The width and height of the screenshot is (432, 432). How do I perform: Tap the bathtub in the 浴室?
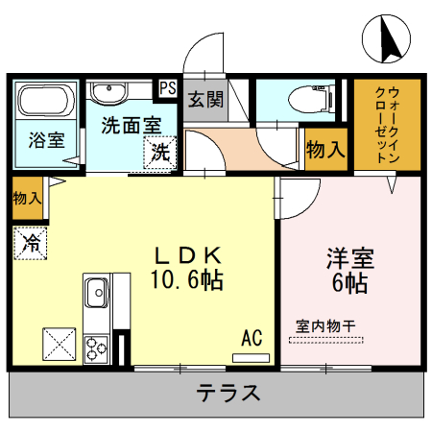(45, 102)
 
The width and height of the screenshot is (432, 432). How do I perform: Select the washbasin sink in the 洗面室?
(109, 91)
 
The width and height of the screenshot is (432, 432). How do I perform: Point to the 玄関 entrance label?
(204, 99)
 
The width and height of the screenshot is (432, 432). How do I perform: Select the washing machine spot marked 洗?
(160, 152)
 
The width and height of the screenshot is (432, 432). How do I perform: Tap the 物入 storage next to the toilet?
(325, 151)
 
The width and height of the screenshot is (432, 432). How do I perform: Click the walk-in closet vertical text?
(387, 125)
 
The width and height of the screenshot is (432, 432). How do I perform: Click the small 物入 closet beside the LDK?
(27, 199)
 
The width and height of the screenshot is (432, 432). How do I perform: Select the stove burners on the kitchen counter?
(97, 347)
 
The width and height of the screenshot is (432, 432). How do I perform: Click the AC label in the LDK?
(252, 338)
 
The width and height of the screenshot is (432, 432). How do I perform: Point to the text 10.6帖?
(187, 280)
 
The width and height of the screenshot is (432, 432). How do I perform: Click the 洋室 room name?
(349, 259)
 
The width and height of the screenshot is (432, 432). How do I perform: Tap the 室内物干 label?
(325, 326)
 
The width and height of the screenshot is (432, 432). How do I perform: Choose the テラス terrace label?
(228, 393)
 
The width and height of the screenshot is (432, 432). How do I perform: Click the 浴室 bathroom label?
(46, 139)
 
